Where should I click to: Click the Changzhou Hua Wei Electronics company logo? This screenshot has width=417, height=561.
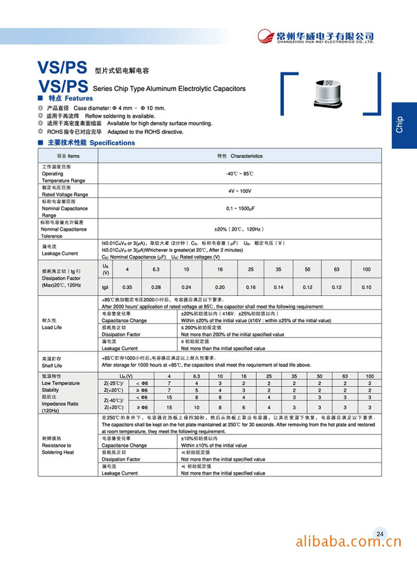316,36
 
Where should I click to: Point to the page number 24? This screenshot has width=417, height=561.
380,534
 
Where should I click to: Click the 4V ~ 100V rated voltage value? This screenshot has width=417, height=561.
240,191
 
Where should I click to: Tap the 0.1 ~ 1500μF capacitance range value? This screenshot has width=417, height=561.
240,208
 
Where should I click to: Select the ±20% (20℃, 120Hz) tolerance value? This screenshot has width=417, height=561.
240,229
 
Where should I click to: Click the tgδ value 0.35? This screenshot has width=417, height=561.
127,287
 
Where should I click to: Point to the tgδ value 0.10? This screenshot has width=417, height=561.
367,287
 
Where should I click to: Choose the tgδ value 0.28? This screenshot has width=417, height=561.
156,287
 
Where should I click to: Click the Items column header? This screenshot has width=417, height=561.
68,156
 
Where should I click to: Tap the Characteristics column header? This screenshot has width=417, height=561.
240,156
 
